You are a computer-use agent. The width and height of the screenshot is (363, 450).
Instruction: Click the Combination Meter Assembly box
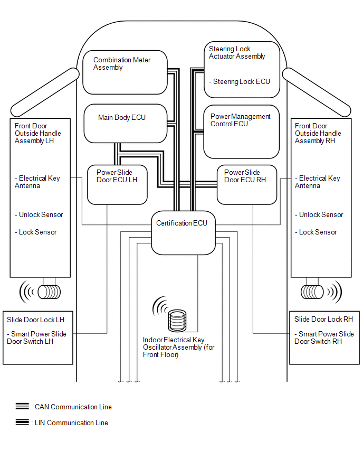[x=125, y=72]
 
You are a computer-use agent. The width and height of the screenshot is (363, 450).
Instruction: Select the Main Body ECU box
[x=126, y=123]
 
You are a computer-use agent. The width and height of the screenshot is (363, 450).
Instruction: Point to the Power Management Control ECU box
[x=241, y=131]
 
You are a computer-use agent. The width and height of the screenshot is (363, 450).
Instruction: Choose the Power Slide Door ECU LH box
[x=116, y=184]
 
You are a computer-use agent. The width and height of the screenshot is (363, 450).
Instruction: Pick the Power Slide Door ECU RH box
[x=246, y=184]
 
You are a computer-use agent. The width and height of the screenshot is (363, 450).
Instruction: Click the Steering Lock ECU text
[x=241, y=82]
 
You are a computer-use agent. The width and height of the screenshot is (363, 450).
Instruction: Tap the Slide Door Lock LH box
[x=38, y=337]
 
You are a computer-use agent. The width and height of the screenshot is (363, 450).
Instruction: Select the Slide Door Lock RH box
[x=324, y=337]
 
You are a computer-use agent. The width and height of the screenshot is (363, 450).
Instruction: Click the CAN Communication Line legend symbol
[x=22, y=407]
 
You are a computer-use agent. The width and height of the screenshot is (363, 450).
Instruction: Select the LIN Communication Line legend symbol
[x=22, y=423]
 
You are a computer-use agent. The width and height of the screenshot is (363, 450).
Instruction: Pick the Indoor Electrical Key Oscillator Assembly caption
[x=178, y=347]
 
